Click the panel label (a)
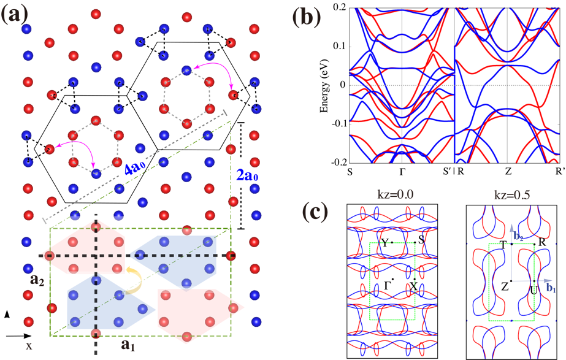point(15,16)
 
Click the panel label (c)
point(315,212)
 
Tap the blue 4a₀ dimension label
point(135,169)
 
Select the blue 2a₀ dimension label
point(247,175)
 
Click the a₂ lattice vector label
point(37,280)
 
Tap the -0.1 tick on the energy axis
point(338,123)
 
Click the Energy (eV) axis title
point(325,86)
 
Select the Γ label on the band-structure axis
point(402,171)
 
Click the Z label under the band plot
point(508,171)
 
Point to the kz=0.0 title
point(392,195)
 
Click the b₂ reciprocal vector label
point(518,237)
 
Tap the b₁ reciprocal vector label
point(551,288)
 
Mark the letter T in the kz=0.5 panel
point(504,245)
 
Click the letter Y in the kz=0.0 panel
point(385,243)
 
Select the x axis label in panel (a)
point(29,347)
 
